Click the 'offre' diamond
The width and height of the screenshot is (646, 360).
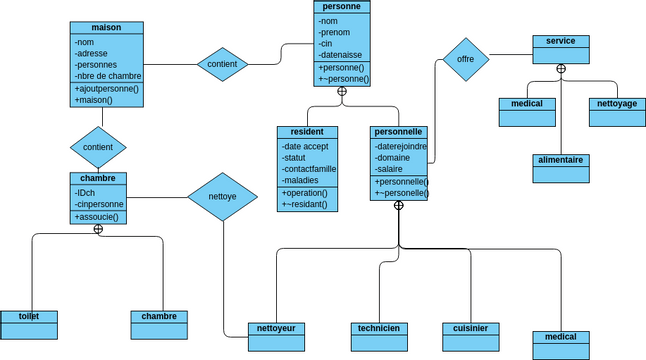tap(465, 59)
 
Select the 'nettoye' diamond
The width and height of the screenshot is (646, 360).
tap(222, 197)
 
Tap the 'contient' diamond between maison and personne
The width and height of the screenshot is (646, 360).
tap(222, 64)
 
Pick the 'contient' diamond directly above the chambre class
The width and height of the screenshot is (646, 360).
tap(98, 147)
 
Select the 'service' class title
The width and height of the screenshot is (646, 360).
tap(561, 41)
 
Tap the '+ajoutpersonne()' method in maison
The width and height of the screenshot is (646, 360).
tap(107, 88)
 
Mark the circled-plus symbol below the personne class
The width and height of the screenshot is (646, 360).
tap(342, 91)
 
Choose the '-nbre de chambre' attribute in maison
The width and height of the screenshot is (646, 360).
tap(107, 76)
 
